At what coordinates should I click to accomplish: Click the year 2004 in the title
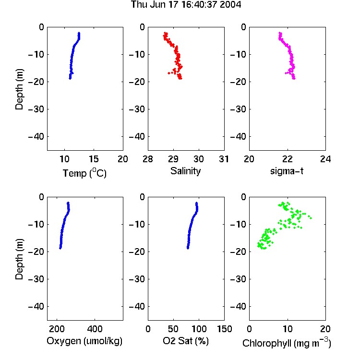tap(230, 5)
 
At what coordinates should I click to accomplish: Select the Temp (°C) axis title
tap(84, 173)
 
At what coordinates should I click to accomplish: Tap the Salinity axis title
tap(185, 171)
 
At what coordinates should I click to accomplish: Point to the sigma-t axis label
tap(287, 171)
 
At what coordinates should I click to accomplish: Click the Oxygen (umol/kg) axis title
tap(84, 341)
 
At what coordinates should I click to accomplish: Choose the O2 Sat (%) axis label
tap(185, 341)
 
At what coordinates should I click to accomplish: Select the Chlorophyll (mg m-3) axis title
tap(287, 343)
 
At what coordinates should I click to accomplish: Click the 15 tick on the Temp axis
tap(94, 159)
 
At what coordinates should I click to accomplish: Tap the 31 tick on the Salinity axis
tap(224, 159)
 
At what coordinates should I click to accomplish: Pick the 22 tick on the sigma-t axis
tap(288, 159)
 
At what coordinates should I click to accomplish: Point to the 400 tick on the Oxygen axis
tap(95, 329)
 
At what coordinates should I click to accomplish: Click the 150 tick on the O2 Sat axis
tap(224, 329)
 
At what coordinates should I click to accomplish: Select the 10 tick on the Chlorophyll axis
tap(288, 329)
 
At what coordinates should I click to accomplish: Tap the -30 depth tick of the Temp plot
tap(36, 109)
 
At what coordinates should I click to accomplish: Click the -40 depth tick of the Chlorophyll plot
tap(238, 306)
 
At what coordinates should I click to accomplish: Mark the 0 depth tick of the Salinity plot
tap(143, 27)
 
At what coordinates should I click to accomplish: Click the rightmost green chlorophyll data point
tap(311, 217)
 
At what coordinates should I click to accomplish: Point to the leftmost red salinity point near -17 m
tap(169, 73)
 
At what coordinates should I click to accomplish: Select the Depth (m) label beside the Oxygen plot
tap(19, 259)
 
